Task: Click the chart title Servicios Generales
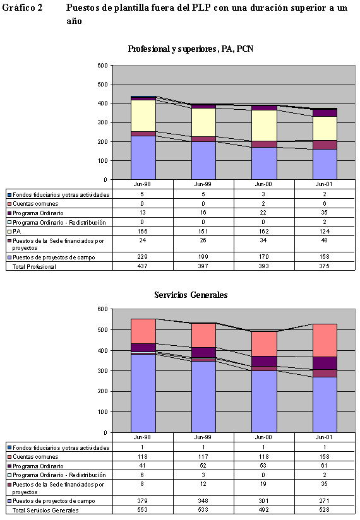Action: [191, 295]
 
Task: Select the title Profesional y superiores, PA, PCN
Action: [191, 49]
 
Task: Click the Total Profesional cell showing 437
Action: [143, 266]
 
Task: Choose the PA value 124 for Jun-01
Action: [325, 231]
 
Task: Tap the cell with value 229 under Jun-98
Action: [143, 257]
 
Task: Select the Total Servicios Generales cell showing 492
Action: [264, 510]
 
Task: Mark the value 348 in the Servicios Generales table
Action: [203, 501]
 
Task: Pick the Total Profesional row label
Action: [36, 266]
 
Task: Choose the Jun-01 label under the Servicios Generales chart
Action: [325, 437]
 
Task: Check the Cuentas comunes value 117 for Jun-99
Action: [203, 456]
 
